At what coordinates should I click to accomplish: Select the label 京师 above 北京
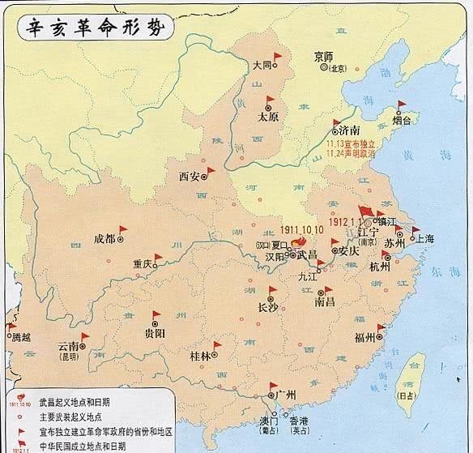tap(322, 57)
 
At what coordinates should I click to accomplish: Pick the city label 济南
tap(350, 130)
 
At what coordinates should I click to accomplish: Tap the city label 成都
tap(104, 238)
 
